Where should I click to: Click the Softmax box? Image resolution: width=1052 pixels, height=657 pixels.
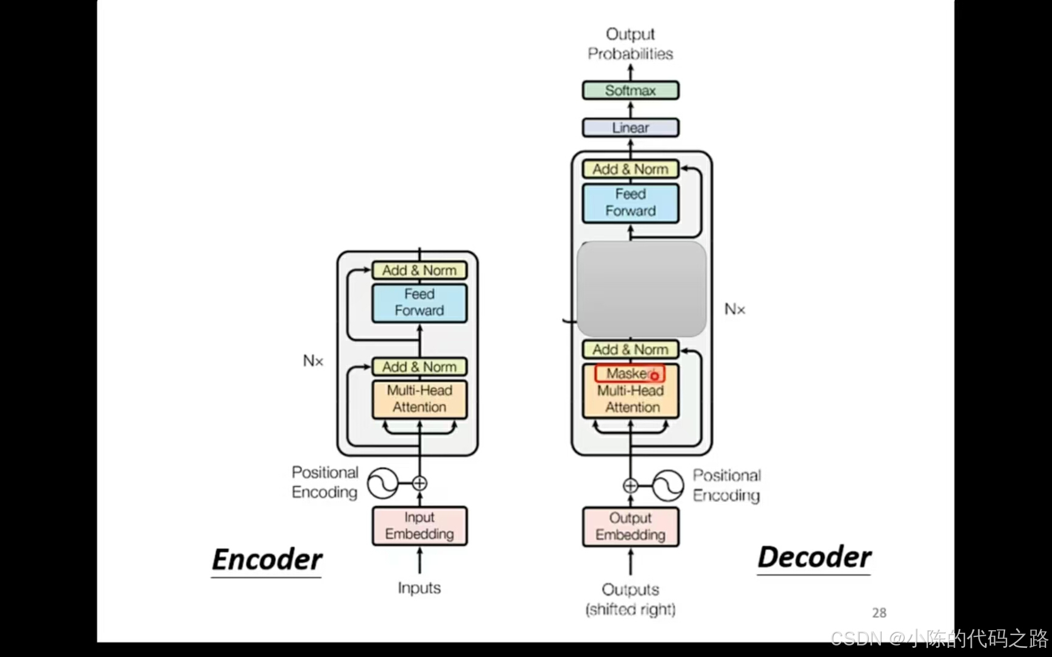(630, 91)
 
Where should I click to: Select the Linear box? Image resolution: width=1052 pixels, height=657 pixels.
(630, 128)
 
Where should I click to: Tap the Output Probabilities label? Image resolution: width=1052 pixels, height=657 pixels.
(630, 44)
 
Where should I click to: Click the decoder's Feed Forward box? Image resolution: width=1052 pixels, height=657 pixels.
(630, 203)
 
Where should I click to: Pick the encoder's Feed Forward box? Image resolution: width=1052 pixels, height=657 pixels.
(419, 302)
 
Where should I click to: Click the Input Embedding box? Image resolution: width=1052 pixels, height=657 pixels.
(419, 526)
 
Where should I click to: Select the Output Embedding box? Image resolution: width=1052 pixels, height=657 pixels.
(630, 526)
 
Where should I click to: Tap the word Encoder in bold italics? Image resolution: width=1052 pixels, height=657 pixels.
(267, 560)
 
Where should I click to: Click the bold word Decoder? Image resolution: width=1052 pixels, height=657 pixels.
(814, 557)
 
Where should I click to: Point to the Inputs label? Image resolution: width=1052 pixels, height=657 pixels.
(419, 588)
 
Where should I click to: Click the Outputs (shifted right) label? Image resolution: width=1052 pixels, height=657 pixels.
(630, 599)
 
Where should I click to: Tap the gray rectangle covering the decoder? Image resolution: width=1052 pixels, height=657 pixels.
(641, 289)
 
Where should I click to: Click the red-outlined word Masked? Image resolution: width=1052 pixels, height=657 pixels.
(629, 374)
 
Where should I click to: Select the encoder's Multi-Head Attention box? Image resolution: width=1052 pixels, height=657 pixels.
(419, 399)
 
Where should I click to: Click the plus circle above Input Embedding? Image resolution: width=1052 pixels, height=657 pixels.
(419, 484)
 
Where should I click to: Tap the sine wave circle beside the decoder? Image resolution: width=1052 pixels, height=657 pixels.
(668, 485)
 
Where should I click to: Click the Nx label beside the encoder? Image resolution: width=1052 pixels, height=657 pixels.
(313, 361)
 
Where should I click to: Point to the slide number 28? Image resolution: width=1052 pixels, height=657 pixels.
(878, 613)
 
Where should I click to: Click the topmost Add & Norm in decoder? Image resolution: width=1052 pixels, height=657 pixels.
(630, 169)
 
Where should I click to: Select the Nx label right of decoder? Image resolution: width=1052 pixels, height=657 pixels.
(734, 309)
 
